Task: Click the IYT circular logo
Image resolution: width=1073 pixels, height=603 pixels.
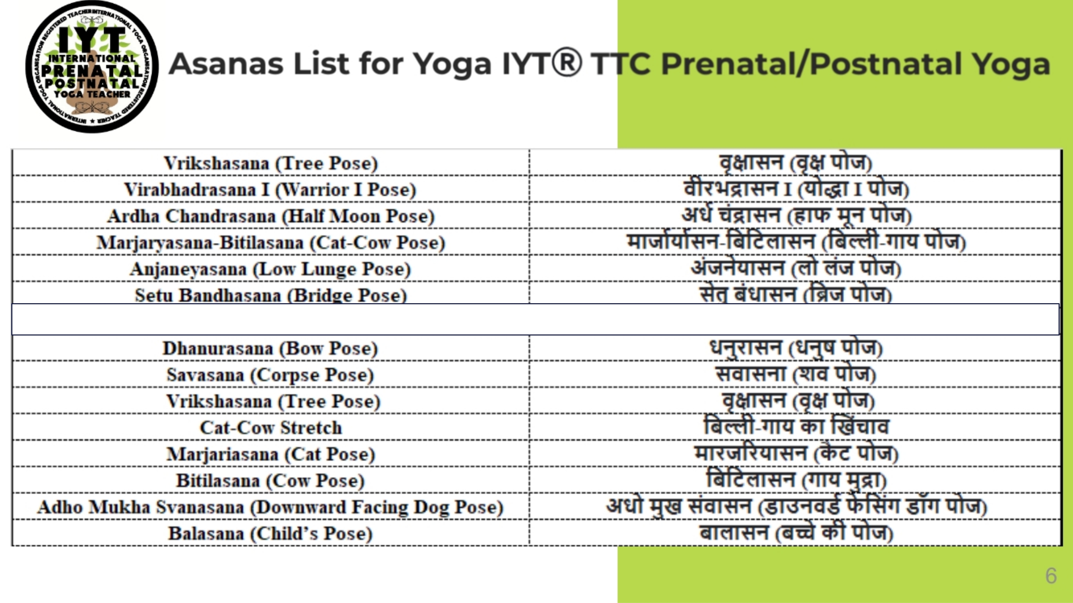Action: pos(92,67)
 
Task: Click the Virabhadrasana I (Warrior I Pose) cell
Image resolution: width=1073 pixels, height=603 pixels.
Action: pos(270,190)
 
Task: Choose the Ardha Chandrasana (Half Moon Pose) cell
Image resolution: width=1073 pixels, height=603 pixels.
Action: pos(270,216)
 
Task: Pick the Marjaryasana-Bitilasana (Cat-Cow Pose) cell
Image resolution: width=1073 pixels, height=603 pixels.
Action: pos(270,242)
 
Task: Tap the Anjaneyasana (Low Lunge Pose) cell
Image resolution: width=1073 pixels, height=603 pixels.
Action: pos(270,269)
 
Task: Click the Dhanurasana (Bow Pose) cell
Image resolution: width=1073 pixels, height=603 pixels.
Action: pos(270,348)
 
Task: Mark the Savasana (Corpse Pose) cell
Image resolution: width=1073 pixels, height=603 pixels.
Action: pos(270,375)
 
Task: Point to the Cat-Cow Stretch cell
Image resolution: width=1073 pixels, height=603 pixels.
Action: pos(270,428)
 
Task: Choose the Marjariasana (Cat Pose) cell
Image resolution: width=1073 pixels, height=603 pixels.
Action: pos(270,454)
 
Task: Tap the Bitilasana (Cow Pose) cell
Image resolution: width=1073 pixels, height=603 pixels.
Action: pos(270,480)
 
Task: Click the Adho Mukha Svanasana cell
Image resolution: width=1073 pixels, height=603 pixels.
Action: pos(270,507)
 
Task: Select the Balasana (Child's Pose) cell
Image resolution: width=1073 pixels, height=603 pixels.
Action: pos(270,533)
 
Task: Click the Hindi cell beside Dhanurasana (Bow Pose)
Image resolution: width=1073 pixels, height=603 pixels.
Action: pos(796,348)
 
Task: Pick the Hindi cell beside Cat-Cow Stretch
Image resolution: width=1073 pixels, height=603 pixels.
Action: pos(796,427)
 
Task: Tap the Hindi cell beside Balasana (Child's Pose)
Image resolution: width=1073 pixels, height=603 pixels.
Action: pos(796,533)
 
